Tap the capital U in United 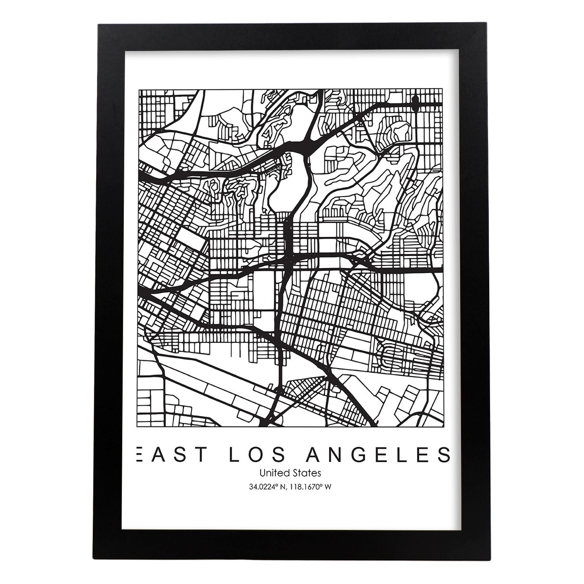tap(262, 473)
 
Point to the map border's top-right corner tap(443, 90)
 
